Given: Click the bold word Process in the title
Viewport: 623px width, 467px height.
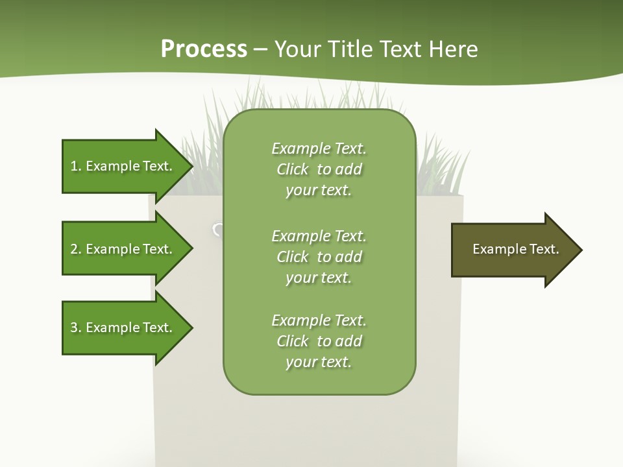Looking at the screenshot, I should (204, 49).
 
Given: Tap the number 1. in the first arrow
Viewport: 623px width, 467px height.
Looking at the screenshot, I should (75, 166).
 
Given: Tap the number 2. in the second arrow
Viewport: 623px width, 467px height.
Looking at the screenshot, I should (75, 249).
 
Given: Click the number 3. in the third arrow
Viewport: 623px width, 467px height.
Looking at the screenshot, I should (75, 328).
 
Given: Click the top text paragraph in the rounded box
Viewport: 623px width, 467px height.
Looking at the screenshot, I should (319, 169).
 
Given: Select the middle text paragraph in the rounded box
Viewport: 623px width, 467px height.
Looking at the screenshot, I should (319, 257).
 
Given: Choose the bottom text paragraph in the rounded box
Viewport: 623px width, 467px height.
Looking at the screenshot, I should (319, 341).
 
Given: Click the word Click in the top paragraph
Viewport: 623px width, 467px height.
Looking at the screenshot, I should (293, 169).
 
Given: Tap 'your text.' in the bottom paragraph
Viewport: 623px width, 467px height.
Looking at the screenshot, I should (319, 362).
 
